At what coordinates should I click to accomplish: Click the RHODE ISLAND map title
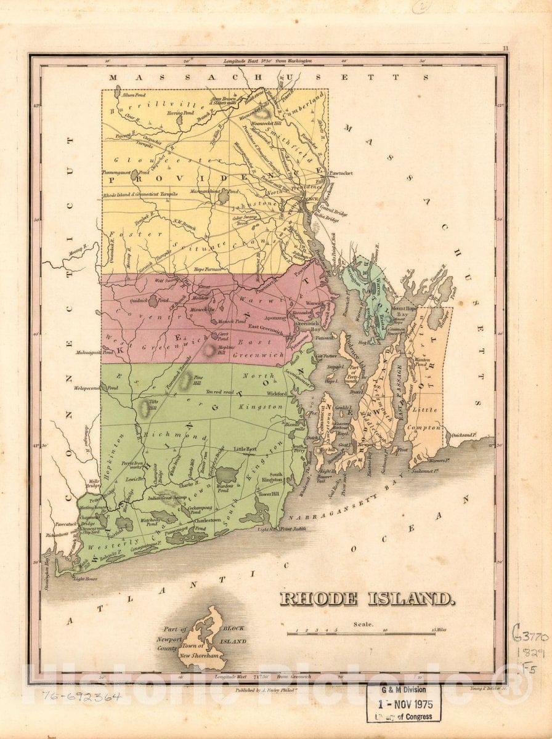367,599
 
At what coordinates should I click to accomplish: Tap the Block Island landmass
206,637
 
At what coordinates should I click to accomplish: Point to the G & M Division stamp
404,702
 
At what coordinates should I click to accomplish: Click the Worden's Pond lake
226,475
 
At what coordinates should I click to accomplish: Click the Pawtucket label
340,174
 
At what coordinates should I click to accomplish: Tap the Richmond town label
162,435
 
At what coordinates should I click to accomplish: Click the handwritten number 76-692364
82,697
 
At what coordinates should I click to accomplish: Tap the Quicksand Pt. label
466,434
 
